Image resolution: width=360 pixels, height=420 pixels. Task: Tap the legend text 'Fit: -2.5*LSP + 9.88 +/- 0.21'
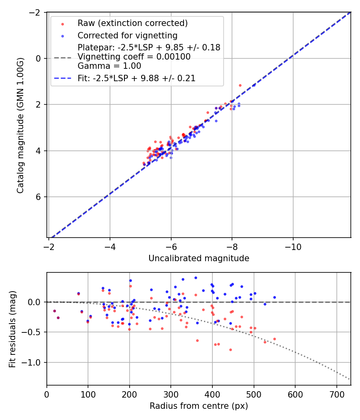[x=136, y=78]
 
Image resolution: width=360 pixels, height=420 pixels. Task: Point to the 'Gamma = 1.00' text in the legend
[x=109, y=66]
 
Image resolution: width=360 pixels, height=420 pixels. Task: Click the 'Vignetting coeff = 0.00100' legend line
[x=134, y=57]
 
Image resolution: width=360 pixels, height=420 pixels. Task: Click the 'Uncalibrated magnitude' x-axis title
[x=199, y=258]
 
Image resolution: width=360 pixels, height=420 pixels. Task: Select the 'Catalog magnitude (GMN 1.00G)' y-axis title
[x=20, y=125]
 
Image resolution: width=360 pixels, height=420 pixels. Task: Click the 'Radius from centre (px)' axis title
[x=199, y=406]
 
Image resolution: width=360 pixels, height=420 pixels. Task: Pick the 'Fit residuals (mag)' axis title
[x=12, y=329]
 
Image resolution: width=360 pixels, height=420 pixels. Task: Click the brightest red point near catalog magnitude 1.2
[x=240, y=85]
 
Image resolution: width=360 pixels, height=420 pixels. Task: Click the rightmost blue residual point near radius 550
[x=274, y=297]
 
